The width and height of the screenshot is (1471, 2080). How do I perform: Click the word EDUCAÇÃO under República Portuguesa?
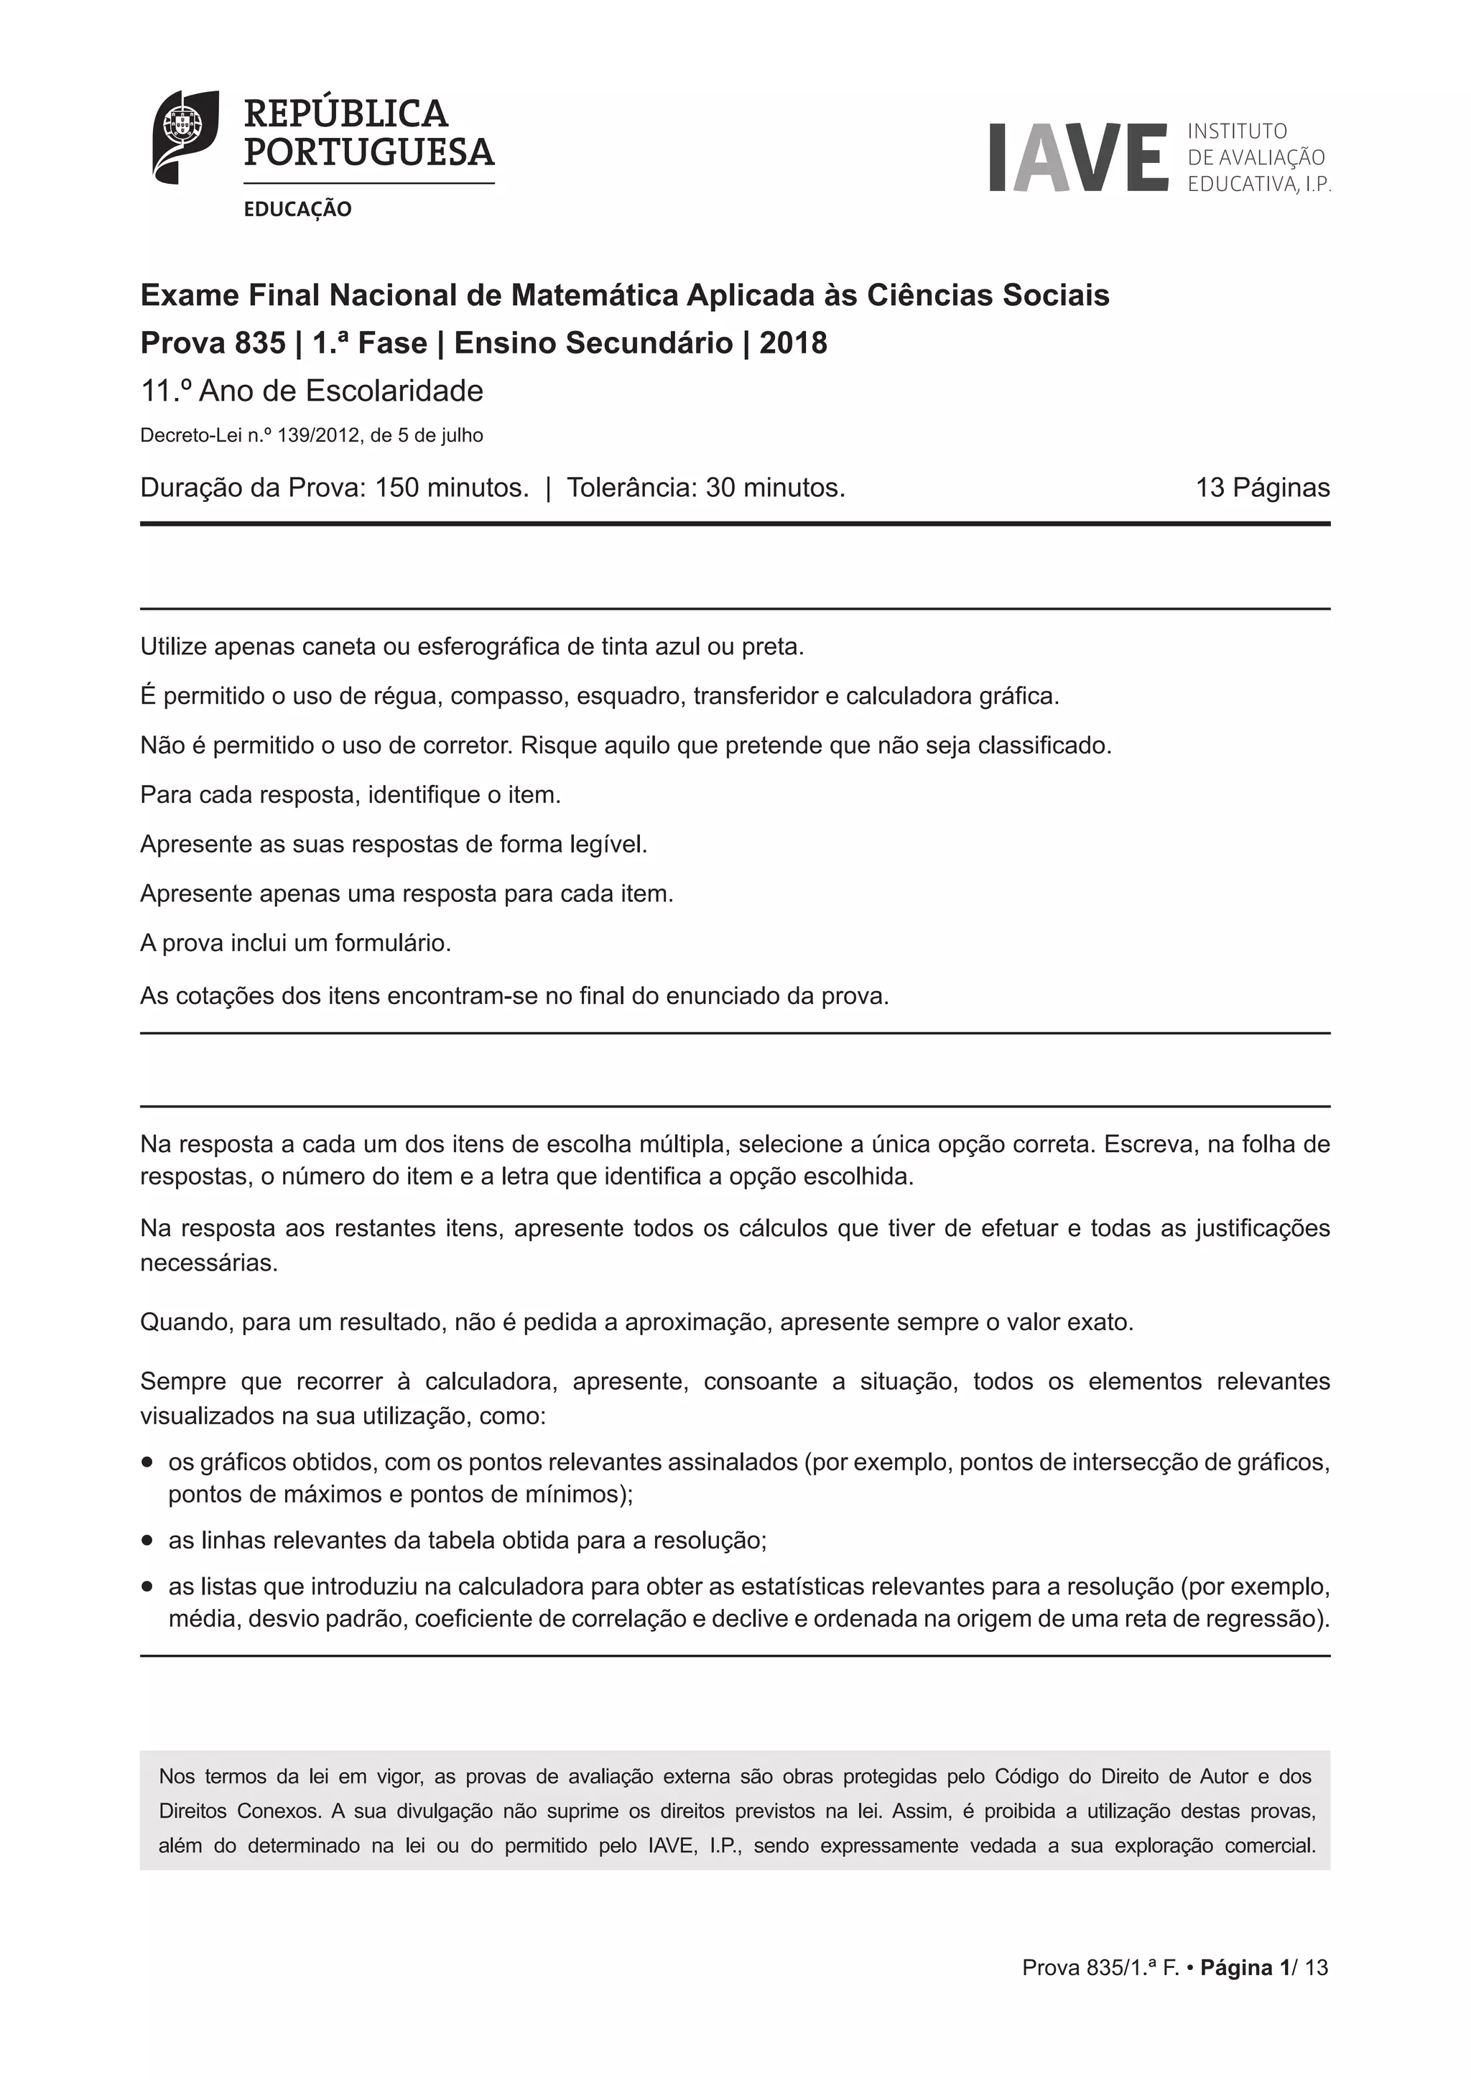[297, 209]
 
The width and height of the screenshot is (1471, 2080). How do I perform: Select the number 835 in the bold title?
[260, 343]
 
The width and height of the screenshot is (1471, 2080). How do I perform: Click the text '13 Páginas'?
[1262, 488]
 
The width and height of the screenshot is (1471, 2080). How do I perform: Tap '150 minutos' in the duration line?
[451, 488]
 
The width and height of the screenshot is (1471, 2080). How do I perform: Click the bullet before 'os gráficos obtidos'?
[148, 1463]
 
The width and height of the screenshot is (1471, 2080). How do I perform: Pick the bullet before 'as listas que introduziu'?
[148, 1587]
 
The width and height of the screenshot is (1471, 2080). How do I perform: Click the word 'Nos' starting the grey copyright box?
[176, 1776]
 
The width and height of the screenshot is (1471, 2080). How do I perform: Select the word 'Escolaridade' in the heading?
[395, 391]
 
